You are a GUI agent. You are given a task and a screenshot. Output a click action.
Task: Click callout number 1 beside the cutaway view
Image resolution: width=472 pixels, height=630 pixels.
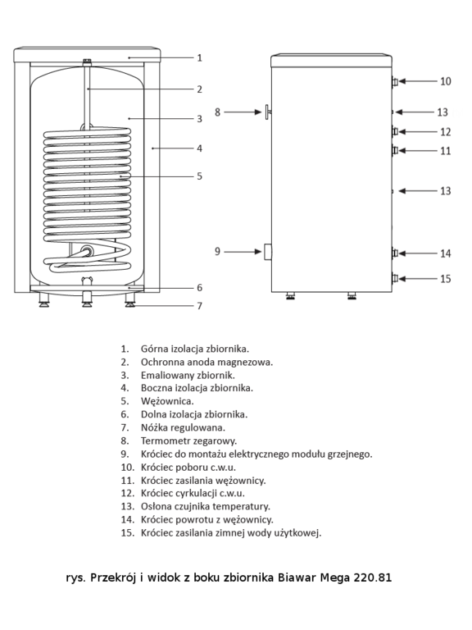[199, 58]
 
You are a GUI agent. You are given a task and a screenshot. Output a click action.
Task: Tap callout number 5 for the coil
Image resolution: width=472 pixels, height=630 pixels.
[199, 176]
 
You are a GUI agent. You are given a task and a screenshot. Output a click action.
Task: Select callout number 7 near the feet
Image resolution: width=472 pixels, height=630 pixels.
[199, 306]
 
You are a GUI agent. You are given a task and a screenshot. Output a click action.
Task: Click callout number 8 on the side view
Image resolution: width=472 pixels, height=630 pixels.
[217, 112]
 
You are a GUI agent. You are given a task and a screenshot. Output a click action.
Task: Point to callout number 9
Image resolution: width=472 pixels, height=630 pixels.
[217, 252]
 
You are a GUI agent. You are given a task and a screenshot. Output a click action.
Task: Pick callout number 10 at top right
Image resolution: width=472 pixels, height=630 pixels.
[446, 81]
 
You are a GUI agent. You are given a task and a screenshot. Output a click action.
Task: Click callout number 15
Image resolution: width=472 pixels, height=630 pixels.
[446, 279]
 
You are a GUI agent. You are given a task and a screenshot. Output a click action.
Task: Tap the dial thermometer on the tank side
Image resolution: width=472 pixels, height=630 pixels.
[268, 112]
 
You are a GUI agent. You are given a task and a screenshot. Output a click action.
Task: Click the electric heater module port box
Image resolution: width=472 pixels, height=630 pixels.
[268, 252]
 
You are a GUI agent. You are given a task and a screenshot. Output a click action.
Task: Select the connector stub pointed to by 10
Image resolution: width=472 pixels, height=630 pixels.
[395, 81]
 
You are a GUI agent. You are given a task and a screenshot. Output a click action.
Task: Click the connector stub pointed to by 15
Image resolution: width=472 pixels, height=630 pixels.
[395, 278]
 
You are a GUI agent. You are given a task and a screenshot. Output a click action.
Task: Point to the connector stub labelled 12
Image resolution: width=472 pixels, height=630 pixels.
[395, 131]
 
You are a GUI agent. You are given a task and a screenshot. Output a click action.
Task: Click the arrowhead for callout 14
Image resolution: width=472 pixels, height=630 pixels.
[402, 253]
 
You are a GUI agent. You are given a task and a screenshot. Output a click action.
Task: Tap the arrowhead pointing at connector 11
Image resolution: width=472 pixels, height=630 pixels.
[402, 151]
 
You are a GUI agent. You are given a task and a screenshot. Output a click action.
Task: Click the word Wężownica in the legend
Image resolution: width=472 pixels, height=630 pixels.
[167, 401]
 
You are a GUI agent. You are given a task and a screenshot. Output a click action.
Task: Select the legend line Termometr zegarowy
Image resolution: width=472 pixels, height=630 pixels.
[188, 441]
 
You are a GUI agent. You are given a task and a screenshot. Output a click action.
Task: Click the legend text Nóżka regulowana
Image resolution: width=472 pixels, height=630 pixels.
[183, 427]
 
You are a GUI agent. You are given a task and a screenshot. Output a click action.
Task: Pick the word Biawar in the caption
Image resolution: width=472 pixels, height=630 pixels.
[297, 577]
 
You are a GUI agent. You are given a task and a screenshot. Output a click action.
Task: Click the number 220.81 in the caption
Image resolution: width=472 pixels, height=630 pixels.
[373, 577]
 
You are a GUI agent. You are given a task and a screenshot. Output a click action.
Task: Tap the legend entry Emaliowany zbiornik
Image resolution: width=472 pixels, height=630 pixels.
[188, 375]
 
